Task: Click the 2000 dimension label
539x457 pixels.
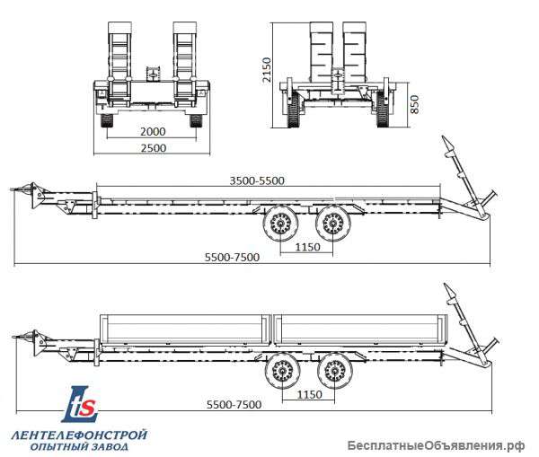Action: point(153,131)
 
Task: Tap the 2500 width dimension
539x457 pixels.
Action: point(154,148)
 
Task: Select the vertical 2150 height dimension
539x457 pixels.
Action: point(267,70)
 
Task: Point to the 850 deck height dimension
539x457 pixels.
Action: point(414,104)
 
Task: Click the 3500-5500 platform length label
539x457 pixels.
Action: point(257,180)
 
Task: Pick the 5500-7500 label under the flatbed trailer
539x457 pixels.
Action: point(232,257)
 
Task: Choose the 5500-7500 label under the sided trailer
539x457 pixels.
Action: point(234,404)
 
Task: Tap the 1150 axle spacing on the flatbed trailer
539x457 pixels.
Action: point(307,247)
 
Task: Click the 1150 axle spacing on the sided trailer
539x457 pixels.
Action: point(309,394)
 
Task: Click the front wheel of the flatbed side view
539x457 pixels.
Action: point(280,224)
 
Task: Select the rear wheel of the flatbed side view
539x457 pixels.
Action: point(333,224)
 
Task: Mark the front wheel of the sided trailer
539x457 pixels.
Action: point(282,371)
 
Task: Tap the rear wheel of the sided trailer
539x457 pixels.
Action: point(335,371)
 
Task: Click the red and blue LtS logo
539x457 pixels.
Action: point(80,404)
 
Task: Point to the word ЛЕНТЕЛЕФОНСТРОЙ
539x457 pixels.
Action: point(79,435)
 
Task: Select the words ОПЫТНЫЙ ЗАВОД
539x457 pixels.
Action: point(79,447)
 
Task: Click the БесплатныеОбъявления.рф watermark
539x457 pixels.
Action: point(436,445)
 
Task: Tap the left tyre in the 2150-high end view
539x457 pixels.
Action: point(293,110)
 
